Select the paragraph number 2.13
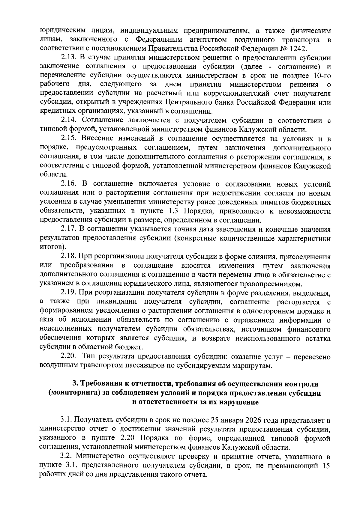point(69,57)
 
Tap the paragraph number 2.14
point(69,121)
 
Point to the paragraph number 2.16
point(69,184)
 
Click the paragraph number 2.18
point(69,257)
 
